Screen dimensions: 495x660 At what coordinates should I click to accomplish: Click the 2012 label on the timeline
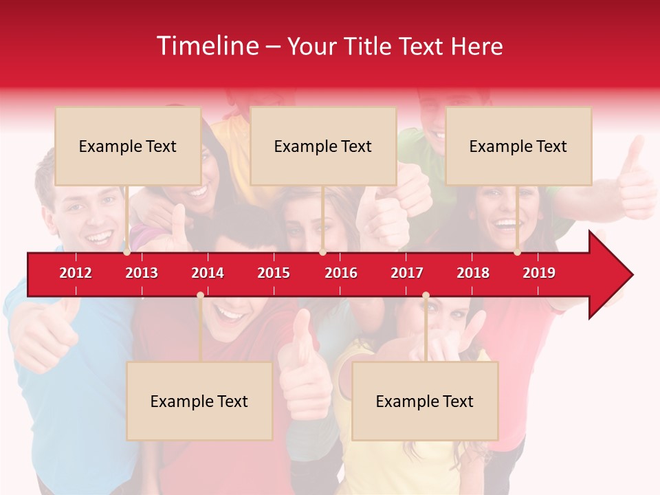(x=76, y=273)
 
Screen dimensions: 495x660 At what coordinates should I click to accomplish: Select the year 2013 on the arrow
(x=142, y=273)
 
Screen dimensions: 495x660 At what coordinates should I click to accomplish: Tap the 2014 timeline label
(x=208, y=273)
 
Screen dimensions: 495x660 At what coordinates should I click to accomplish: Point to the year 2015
(x=274, y=273)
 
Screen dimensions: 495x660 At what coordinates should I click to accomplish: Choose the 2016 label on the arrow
(x=341, y=273)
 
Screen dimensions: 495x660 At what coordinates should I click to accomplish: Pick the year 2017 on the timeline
(x=407, y=273)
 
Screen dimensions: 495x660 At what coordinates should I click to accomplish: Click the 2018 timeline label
(x=473, y=273)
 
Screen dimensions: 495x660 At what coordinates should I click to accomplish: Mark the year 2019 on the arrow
(x=539, y=273)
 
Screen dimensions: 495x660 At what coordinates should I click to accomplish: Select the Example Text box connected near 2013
(x=128, y=146)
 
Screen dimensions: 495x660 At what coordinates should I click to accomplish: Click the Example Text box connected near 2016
(x=323, y=146)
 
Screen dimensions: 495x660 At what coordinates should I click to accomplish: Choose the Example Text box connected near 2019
(x=518, y=146)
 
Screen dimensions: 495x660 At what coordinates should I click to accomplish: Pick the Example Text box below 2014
(x=199, y=401)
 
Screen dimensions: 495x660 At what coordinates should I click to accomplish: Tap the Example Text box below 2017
(x=425, y=401)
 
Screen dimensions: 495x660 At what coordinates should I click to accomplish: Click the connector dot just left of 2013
(x=127, y=252)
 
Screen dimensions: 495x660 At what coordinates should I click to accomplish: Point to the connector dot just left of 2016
(x=322, y=252)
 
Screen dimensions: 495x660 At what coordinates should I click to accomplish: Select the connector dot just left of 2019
(x=517, y=252)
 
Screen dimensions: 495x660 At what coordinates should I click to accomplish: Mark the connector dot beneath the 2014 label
(x=200, y=296)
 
